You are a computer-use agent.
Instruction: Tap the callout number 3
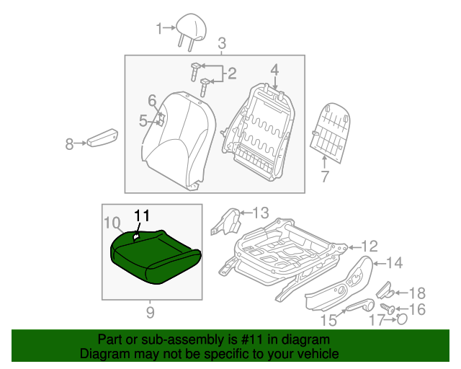pyautogui.click(x=222, y=43)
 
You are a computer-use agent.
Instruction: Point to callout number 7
pyautogui.click(x=324, y=176)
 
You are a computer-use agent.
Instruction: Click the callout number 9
pyautogui.click(x=150, y=311)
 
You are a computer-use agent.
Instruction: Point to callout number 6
pyautogui.click(x=152, y=99)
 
